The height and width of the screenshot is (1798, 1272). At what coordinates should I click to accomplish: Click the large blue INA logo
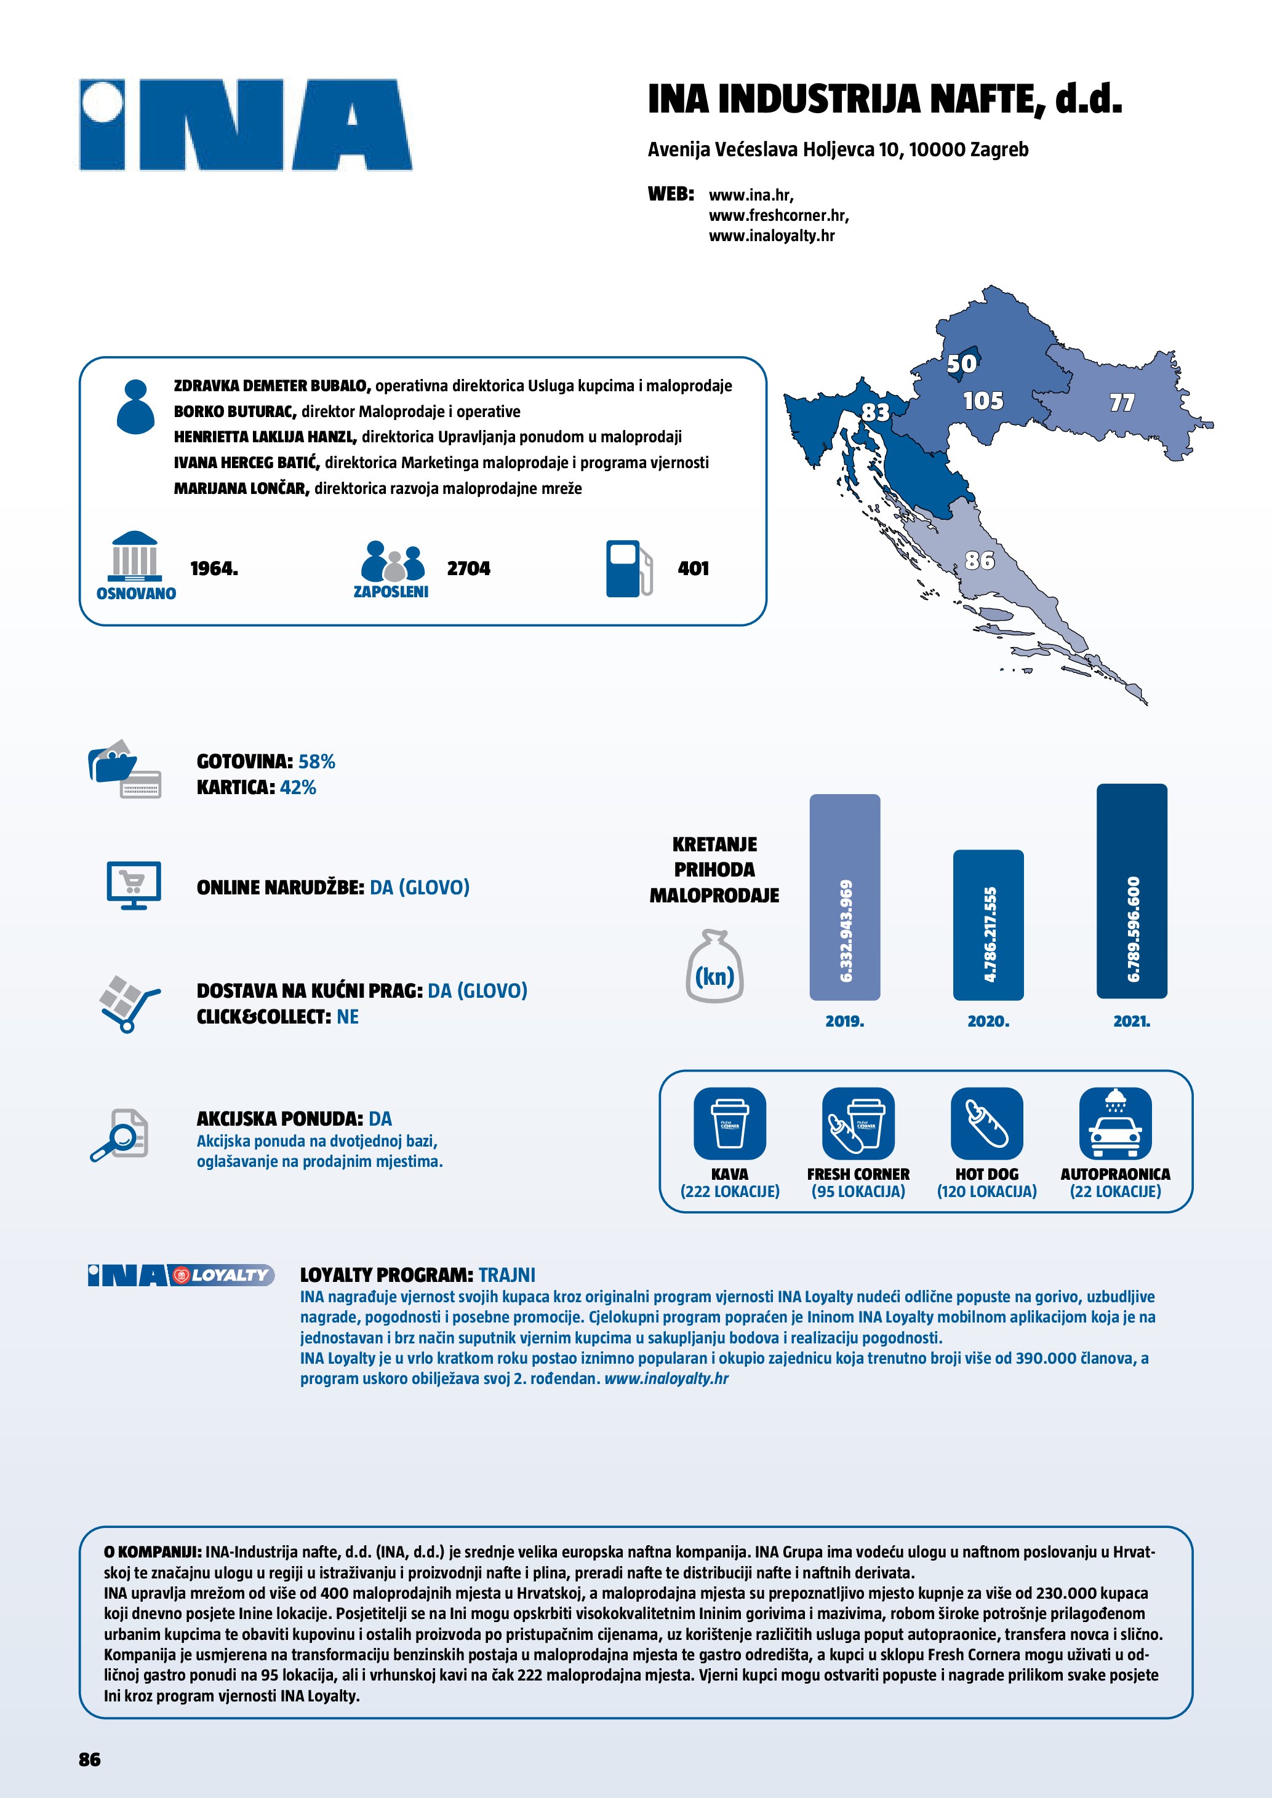point(245,125)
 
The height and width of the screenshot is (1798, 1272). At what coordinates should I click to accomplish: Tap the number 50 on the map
point(961,364)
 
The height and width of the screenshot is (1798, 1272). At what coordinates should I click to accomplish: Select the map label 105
point(983,401)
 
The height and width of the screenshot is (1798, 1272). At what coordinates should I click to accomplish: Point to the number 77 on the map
point(1122,402)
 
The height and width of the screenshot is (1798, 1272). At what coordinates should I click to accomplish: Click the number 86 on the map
point(979,560)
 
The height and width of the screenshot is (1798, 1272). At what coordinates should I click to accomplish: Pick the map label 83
point(876,412)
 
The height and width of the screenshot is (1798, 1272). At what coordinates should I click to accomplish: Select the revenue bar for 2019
point(844,897)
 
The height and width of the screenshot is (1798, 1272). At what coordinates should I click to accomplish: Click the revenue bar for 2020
point(988,924)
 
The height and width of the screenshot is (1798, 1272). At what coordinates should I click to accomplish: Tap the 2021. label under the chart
point(1131,1021)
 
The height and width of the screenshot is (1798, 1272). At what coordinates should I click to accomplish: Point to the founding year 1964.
point(214,568)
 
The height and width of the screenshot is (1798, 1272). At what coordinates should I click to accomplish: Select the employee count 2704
point(468,568)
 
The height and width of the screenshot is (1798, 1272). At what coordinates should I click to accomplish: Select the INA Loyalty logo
point(181,1276)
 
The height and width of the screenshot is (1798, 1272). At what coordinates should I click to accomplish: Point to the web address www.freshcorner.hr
point(778,215)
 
